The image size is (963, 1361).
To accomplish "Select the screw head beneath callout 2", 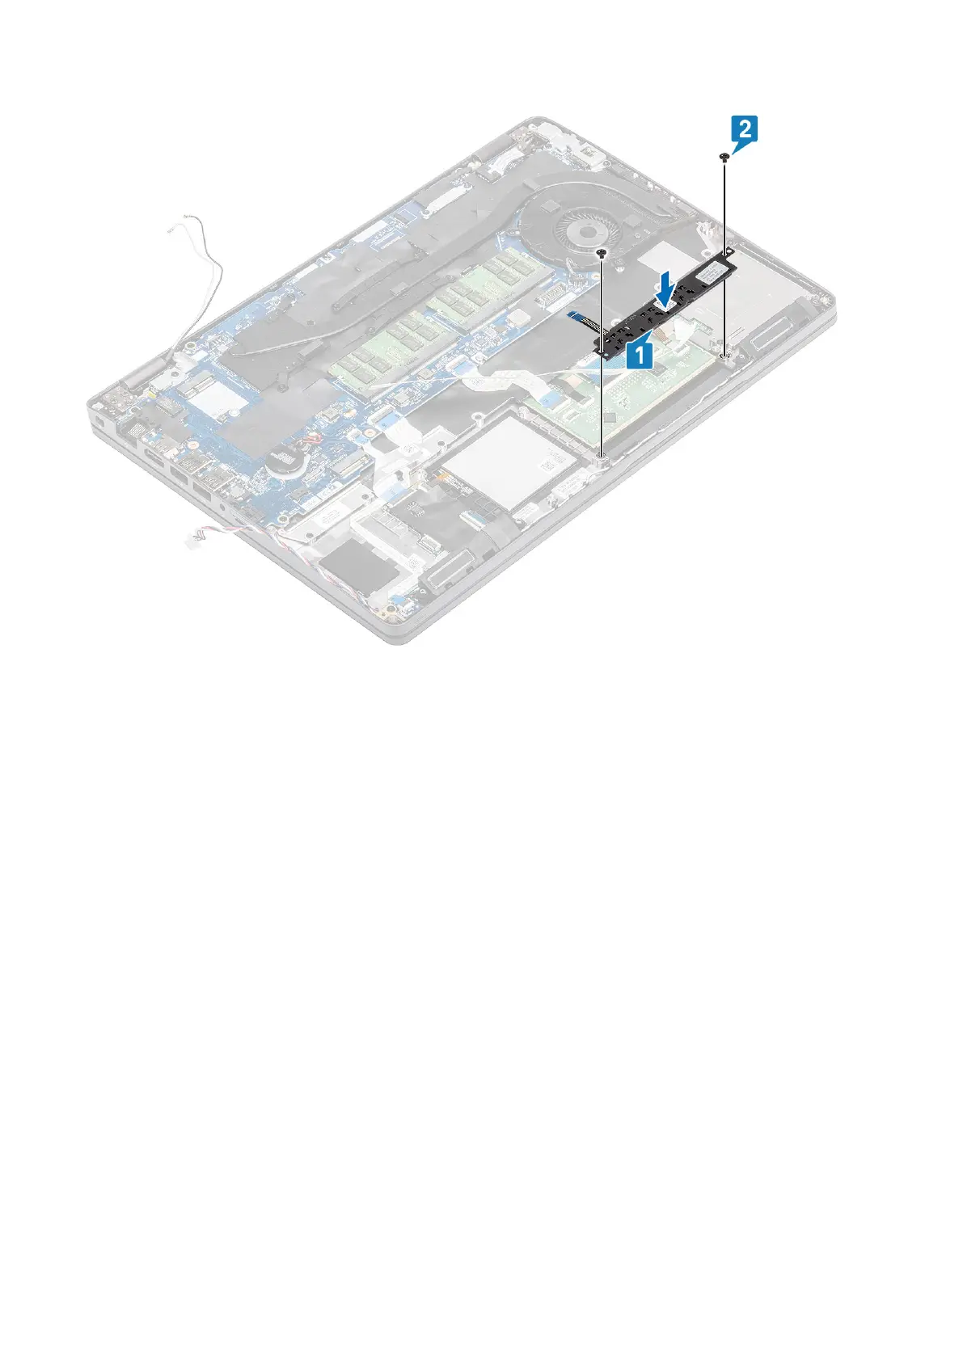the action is (724, 157).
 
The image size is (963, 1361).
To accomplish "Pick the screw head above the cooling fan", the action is (602, 253).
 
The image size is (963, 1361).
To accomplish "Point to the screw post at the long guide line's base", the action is (602, 460).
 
